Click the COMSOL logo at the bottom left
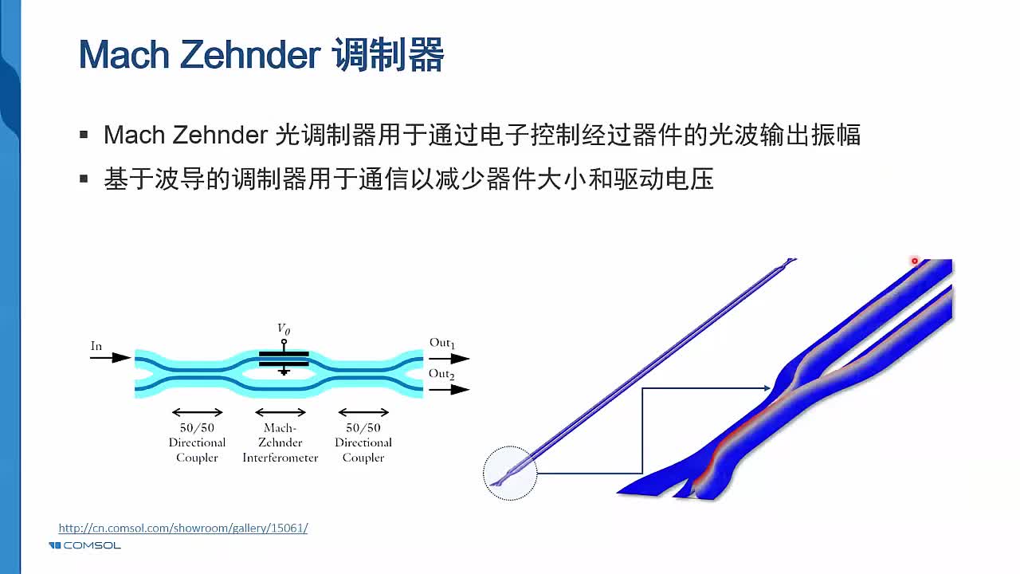84,545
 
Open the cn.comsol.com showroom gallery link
182,528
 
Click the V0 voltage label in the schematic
283,328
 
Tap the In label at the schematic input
96,346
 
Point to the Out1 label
441,343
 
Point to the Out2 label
441,373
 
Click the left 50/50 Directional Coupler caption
197,442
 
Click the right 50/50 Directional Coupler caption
363,442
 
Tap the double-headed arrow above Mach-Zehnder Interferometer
280,412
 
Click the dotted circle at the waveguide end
510,474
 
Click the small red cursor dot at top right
915,261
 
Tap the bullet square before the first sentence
84,135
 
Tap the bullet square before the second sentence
84,179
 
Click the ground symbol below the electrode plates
283,371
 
